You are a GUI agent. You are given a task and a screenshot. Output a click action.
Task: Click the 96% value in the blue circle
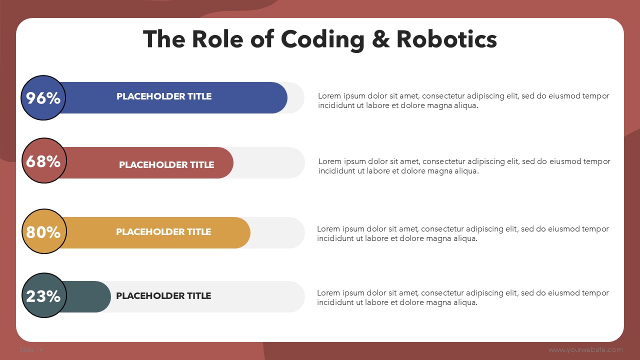click(43, 98)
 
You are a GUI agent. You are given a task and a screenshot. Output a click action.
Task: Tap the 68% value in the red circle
click(43, 161)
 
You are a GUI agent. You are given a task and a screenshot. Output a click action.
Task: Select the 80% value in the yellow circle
click(43, 232)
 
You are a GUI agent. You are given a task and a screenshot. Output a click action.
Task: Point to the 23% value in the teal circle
click(43, 296)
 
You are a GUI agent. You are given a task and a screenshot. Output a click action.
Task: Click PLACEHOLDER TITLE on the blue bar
click(164, 96)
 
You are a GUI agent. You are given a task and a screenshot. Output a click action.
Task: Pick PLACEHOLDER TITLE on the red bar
click(166, 165)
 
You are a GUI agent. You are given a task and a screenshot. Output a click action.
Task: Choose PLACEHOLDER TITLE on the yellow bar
click(163, 231)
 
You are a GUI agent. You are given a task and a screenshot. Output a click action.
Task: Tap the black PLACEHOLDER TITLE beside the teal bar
click(163, 295)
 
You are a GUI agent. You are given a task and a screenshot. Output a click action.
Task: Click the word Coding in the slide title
click(322, 40)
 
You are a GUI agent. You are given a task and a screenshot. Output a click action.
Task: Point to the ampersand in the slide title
click(381, 39)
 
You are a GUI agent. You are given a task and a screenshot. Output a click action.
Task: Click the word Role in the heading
click(217, 39)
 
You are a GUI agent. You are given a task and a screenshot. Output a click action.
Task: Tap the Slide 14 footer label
click(31, 349)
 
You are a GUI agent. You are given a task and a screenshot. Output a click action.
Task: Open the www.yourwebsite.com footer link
click(585, 349)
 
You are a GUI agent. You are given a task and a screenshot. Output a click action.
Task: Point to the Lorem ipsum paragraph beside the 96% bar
click(463, 100)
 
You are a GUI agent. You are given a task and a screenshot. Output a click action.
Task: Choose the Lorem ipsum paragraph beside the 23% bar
click(463, 297)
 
